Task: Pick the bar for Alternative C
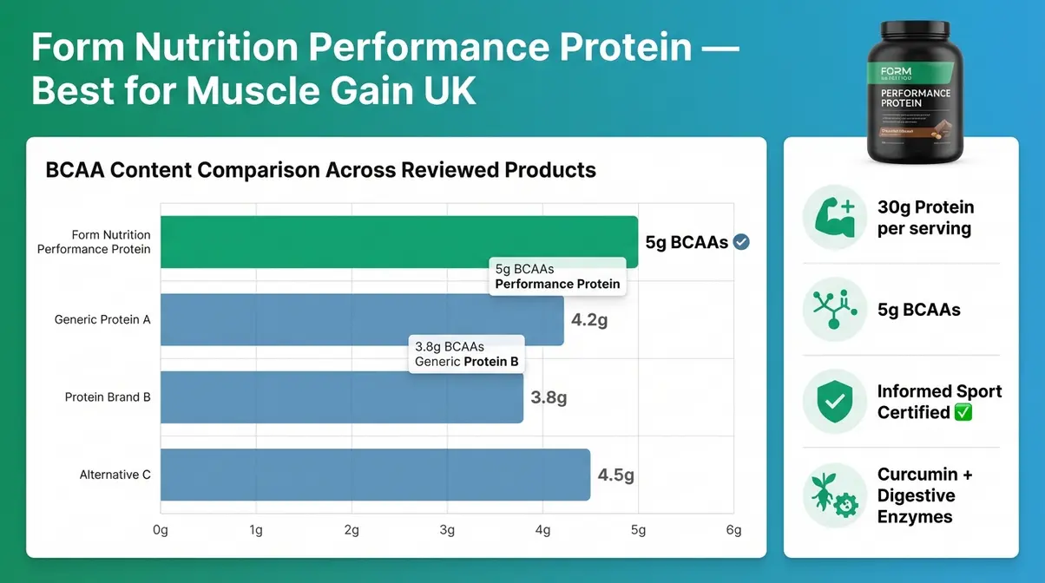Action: [x=375, y=475]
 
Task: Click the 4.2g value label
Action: [x=589, y=320]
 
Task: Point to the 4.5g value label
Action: [x=616, y=475]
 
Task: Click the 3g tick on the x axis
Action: [x=447, y=530]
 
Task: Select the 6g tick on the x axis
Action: [x=733, y=530]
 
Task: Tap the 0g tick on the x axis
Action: [x=161, y=530]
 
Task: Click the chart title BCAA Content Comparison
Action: [x=320, y=169]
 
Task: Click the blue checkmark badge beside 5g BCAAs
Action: [x=741, y=243]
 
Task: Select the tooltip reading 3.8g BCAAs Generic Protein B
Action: [x=466, y=354]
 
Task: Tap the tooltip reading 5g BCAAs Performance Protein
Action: [x=557, y=276]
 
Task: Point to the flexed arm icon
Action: [x=833, y=218]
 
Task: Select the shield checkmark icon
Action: [x=833, y=402]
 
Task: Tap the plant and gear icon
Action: [x=833, y=495]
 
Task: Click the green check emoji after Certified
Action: [x=963, y=413]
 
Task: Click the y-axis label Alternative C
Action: [x=115, y=475]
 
